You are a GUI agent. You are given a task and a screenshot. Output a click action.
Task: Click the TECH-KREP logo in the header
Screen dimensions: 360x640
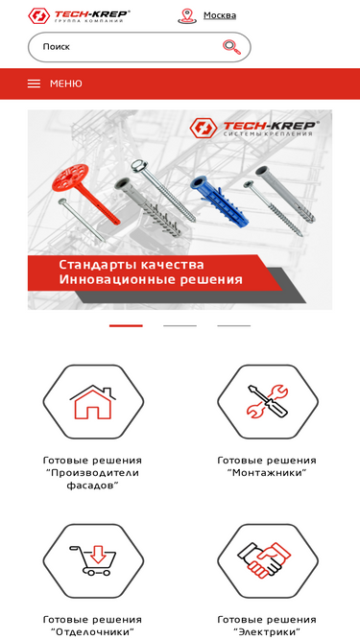pos(79,16)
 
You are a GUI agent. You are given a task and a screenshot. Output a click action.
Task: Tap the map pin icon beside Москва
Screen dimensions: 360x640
pos(187,16)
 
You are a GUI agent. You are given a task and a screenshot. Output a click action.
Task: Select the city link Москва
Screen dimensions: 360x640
pos(220,15)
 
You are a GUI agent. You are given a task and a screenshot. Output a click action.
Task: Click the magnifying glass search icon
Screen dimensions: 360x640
pos(231,47)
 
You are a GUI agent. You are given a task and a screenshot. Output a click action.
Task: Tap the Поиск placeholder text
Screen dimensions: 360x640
pos(57,46)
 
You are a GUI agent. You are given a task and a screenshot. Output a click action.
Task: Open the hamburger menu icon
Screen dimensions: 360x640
pos(34,83)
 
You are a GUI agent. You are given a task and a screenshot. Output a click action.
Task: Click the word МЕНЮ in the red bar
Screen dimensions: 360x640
pos(65,83)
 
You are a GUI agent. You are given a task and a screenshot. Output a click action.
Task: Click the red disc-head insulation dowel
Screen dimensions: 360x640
pos(84,192)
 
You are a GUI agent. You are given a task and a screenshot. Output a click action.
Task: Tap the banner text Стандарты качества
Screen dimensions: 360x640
pos(131,265)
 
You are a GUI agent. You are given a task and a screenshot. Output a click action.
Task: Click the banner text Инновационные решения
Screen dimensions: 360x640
pos(151,280)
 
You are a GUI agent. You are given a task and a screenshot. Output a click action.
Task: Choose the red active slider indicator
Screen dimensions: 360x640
pos(126,325)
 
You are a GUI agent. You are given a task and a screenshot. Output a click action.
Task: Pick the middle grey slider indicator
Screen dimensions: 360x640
pos(180,325)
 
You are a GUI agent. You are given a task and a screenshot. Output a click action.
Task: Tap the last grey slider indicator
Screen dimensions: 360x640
pos(234,325)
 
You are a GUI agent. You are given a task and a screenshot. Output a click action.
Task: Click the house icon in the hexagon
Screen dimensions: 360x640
pos(93,402)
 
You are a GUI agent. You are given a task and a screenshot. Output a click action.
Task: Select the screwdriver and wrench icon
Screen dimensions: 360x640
pos(268,401)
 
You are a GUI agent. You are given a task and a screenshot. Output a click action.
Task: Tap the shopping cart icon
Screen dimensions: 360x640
pos(93,560)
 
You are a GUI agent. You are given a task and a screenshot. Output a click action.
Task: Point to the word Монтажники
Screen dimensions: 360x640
pos(267,473)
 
